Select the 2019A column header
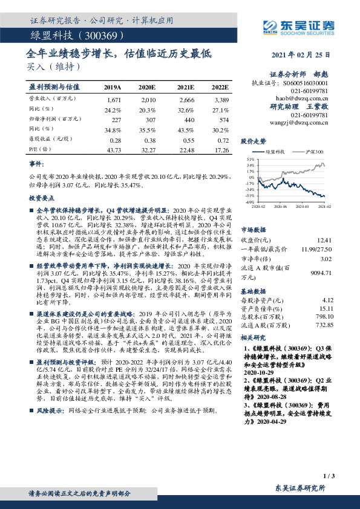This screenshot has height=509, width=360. pos(113,87)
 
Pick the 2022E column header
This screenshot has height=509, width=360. pos(220,87)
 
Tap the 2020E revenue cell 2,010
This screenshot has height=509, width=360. pos(148,99)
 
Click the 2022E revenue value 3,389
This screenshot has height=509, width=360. pos(221,99)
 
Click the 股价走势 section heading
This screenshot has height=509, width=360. pos(252,141)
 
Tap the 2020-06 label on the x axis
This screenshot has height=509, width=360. pos(282,206)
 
